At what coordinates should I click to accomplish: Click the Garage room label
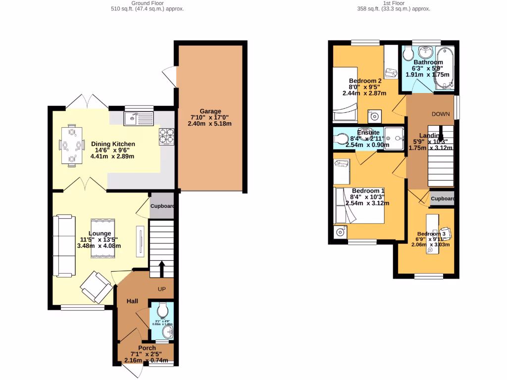point(210,111)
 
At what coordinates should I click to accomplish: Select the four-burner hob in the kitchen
point(166,136)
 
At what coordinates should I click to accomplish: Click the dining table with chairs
point(72,145)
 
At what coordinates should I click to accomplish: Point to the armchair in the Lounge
point(97,287)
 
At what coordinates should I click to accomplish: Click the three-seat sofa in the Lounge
point(63,245)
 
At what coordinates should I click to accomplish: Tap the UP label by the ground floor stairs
point(161,289)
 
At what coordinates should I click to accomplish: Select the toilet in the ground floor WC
point(162,311)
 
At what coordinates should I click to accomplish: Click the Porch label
point(147,348)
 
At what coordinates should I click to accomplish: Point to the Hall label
point(132,301)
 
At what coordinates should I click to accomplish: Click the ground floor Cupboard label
point(162,206)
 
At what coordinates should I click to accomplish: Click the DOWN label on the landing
point(440,114)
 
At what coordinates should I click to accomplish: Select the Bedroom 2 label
point(365,81)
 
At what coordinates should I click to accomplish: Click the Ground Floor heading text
point(147,3)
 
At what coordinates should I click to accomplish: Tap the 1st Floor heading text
point(393,3)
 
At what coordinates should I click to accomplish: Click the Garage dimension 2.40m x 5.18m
point(210,123)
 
